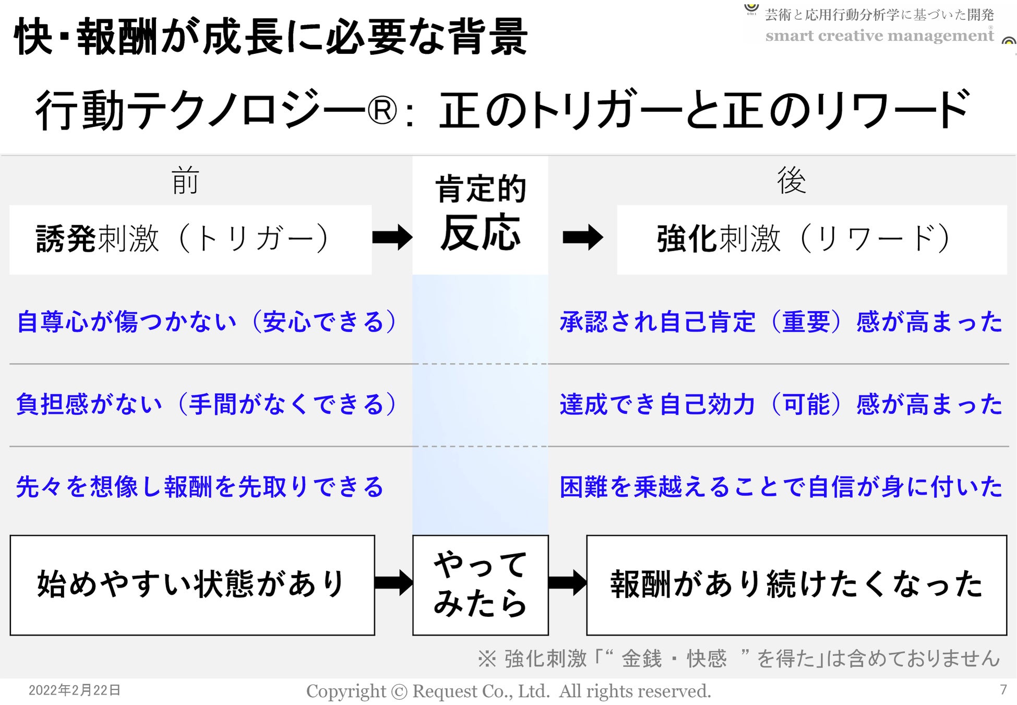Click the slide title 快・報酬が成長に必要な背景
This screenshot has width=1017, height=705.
[271, 37]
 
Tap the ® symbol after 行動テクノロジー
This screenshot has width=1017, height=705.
[382, 111]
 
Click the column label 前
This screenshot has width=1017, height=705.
[185, 181]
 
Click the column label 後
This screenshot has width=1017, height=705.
[791, 181]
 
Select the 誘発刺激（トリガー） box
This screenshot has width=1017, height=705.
[190, 239]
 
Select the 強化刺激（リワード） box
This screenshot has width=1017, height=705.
[811, 239]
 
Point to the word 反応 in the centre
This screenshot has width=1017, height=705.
[480, 233]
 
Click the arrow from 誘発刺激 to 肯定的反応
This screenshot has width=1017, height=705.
[392, 238]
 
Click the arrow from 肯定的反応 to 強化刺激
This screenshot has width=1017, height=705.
[583, 238]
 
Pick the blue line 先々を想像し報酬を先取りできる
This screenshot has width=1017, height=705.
[200, 487]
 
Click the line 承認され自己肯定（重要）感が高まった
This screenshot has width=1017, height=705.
[781, 322]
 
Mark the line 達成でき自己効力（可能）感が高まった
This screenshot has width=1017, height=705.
[781, 404]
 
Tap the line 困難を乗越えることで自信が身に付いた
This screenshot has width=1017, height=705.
[781, 487]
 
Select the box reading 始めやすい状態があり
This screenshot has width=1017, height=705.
[192, 585]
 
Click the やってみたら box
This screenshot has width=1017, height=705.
[480, 585]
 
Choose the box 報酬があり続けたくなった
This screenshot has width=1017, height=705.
[796, 585]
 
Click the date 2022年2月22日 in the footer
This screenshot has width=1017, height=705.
[75, 690]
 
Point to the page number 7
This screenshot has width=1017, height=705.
[1003, 690]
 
